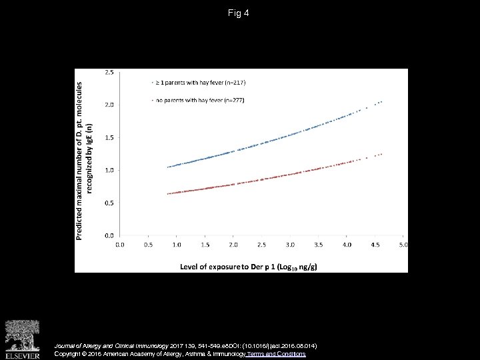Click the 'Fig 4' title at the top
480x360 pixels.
click(239, 13)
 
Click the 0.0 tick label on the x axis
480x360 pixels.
click(120, 245)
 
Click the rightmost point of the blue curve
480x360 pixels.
click(381, 101)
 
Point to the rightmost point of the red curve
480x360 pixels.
click(381, 154)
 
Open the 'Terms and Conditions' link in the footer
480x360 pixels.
click(276, 353)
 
